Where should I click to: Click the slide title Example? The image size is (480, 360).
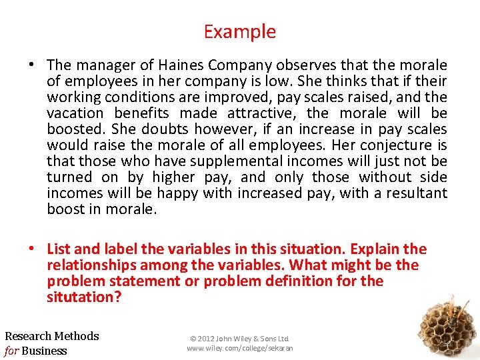[x=239, y=31]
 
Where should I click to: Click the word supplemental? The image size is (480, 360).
[x=228, y=161]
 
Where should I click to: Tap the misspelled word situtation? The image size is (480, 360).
[x=84, y=297]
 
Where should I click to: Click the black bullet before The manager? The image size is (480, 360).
[x=32, y=65]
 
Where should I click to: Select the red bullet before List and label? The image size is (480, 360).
[x=32, y=249]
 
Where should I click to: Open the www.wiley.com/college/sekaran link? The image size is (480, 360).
[x=240, y=348]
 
